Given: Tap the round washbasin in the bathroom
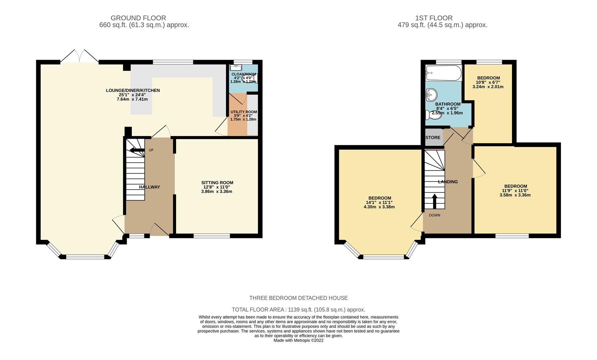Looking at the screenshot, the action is [431, 95].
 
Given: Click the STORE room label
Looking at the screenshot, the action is [433, 138].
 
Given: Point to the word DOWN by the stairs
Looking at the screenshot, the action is [435, 215].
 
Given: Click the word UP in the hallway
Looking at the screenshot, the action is [151, 150].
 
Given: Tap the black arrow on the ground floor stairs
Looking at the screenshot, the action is [137, 150].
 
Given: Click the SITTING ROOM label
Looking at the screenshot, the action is [217, 183].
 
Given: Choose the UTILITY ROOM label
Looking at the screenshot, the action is [244, 112].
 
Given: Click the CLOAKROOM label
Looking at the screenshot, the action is [244, 74].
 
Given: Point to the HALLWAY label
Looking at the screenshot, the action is [149, 187].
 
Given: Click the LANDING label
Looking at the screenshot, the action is [448, 182].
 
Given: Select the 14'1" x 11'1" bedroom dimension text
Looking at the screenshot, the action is [379, 202].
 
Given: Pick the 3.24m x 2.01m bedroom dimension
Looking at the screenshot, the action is [488, 87].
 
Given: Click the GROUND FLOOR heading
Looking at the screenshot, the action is [138, 18].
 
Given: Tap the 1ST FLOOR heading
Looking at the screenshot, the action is [434, 18].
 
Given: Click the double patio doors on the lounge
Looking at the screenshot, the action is [79, 56].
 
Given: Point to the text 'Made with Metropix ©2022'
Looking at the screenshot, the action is [298, 340].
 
